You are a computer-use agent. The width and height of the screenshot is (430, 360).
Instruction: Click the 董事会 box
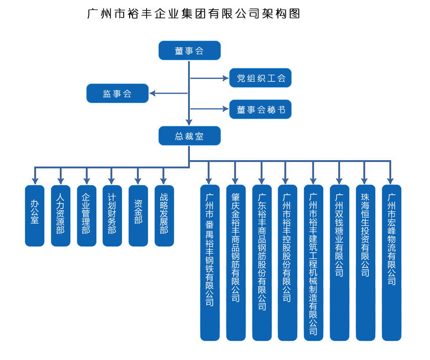[189, 51]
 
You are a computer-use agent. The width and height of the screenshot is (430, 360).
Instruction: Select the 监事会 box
[118, 94]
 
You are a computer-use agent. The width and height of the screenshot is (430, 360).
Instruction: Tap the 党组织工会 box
[260, 78]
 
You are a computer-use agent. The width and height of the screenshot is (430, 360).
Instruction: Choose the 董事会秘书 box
[260, 110]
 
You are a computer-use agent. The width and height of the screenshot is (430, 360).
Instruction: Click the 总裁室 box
[189, 136]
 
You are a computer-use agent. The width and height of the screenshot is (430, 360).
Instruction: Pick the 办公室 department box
[35, 216]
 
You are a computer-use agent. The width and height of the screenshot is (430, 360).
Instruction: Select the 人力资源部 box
[61, 216]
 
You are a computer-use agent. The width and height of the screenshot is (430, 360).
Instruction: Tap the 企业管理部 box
[87, 216]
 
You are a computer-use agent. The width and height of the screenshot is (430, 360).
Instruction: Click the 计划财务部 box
[112, 216]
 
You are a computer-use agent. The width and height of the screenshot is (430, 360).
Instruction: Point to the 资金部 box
[138, 216]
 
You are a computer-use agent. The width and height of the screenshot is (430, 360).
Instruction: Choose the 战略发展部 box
[164, 216]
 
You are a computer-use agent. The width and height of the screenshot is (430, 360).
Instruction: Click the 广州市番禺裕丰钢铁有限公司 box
[210, 263]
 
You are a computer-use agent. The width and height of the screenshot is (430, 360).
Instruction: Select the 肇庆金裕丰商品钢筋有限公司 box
[236, 263]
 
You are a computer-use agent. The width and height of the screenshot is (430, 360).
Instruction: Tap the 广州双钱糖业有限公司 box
[340, 263]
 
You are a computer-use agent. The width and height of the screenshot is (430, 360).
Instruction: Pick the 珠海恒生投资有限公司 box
[366, 263]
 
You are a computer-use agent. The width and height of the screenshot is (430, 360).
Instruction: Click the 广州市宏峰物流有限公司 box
[392, 263]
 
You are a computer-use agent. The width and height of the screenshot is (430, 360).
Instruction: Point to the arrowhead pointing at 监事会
[153, 94]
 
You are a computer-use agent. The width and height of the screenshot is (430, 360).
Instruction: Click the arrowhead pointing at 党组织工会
[225, 78]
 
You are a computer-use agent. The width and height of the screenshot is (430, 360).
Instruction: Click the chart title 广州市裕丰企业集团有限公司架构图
[194, 14]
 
